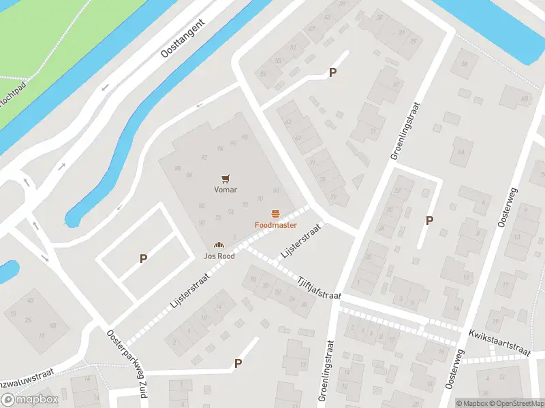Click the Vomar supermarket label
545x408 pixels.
225,190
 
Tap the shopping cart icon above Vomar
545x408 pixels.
225,178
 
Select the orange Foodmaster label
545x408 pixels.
275,224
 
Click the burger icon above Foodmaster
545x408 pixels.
276,213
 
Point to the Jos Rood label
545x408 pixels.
219,256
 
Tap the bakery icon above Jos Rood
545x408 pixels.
219,245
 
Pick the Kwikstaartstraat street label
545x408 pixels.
499,342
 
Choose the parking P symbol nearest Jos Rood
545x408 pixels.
144,258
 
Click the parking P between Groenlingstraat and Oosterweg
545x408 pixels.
429,220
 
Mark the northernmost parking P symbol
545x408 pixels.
333,73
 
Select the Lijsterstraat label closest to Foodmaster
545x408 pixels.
300,242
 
